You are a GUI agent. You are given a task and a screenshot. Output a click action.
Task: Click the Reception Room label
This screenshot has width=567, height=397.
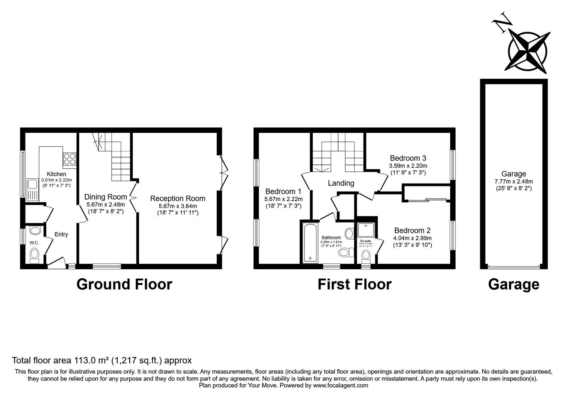coord(178,198)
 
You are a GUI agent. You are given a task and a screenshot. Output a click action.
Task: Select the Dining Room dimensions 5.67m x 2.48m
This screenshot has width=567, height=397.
coord(106,205)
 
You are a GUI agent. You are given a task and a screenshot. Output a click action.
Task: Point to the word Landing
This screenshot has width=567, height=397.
coord(341,183)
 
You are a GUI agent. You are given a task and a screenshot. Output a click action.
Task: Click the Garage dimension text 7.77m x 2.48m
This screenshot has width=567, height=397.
coord(513,181)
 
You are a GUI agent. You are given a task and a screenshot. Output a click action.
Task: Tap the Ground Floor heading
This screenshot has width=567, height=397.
coord(124,284)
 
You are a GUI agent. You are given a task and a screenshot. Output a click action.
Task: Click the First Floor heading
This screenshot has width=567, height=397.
coord(354,284)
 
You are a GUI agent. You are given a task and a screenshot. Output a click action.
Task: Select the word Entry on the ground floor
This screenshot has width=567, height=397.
coord(61,234)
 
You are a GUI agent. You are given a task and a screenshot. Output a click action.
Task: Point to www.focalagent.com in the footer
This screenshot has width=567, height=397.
coord(341,385)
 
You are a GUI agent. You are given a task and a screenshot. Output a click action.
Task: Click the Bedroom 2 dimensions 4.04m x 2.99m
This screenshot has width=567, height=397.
coord(412,238)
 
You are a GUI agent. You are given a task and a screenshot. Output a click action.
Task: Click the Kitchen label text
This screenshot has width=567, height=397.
coord(57,174)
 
